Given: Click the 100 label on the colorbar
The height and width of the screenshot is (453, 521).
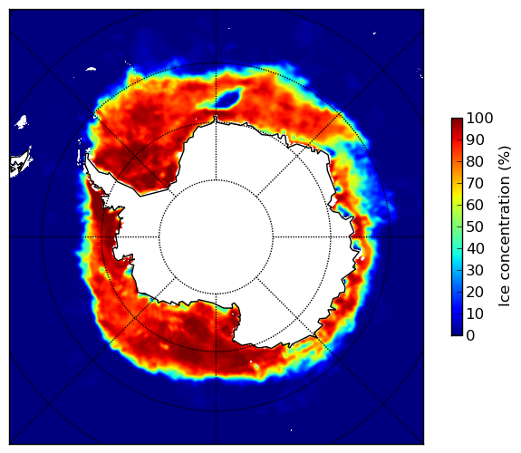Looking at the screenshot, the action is point(479,119).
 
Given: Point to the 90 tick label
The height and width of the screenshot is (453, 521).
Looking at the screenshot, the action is point(475,140).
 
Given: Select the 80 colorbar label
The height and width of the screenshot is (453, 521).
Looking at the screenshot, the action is point(475,162).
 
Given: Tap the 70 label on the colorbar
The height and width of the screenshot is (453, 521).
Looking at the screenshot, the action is point(475,183).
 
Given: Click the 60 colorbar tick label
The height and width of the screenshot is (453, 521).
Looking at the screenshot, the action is point(475,205).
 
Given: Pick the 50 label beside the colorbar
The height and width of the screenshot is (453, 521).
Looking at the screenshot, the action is point(475,227).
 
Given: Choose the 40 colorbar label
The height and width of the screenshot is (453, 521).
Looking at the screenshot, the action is point(475,248).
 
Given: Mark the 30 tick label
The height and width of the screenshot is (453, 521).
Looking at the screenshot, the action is point(475,271).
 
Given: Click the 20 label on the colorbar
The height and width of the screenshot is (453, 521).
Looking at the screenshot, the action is point(475,292).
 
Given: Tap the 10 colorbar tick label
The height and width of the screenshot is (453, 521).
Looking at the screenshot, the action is point(475,313).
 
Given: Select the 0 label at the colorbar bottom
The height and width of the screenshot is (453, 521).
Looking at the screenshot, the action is point(470,336).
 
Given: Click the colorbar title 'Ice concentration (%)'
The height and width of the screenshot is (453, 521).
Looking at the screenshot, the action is point(505,226).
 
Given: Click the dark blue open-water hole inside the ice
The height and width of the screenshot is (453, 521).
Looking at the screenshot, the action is point(228,97).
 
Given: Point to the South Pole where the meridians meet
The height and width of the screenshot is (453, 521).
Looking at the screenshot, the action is point(216,237).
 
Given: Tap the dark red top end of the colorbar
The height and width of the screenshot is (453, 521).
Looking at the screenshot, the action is point(457,121).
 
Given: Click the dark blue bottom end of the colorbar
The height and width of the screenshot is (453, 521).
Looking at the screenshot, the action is point(457,333).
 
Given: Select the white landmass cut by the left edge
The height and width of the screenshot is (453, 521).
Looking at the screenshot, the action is point(20,162).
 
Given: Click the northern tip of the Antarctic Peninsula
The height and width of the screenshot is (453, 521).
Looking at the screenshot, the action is point(87,155).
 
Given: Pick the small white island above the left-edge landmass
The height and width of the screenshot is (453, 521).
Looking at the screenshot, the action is point(22,121).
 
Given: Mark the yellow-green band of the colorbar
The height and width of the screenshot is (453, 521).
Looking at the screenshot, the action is point(457,205).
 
